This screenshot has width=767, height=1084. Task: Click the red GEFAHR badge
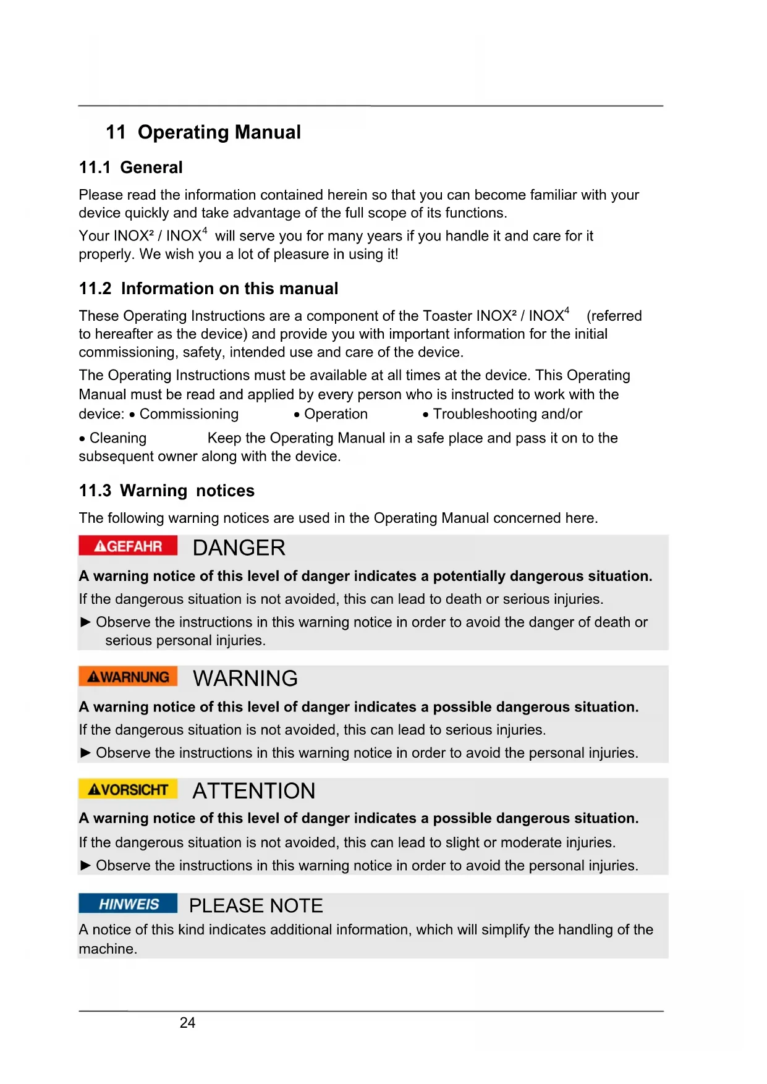128,546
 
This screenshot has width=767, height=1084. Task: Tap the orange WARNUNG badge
128,677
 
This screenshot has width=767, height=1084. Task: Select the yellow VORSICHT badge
128,789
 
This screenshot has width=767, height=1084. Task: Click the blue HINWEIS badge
128,904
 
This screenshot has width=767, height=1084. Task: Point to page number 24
187,1023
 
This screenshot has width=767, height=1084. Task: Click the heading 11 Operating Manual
203,132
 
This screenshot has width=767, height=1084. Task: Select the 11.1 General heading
130,167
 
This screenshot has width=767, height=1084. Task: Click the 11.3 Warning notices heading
166,491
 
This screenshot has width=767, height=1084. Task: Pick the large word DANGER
239,548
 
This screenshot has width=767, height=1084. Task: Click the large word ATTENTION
253,791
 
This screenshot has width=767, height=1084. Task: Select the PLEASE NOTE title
256,906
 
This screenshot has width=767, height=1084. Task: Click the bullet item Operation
336,414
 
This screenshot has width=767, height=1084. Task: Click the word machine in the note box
106,949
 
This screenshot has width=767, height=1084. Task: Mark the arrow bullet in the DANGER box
86,622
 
